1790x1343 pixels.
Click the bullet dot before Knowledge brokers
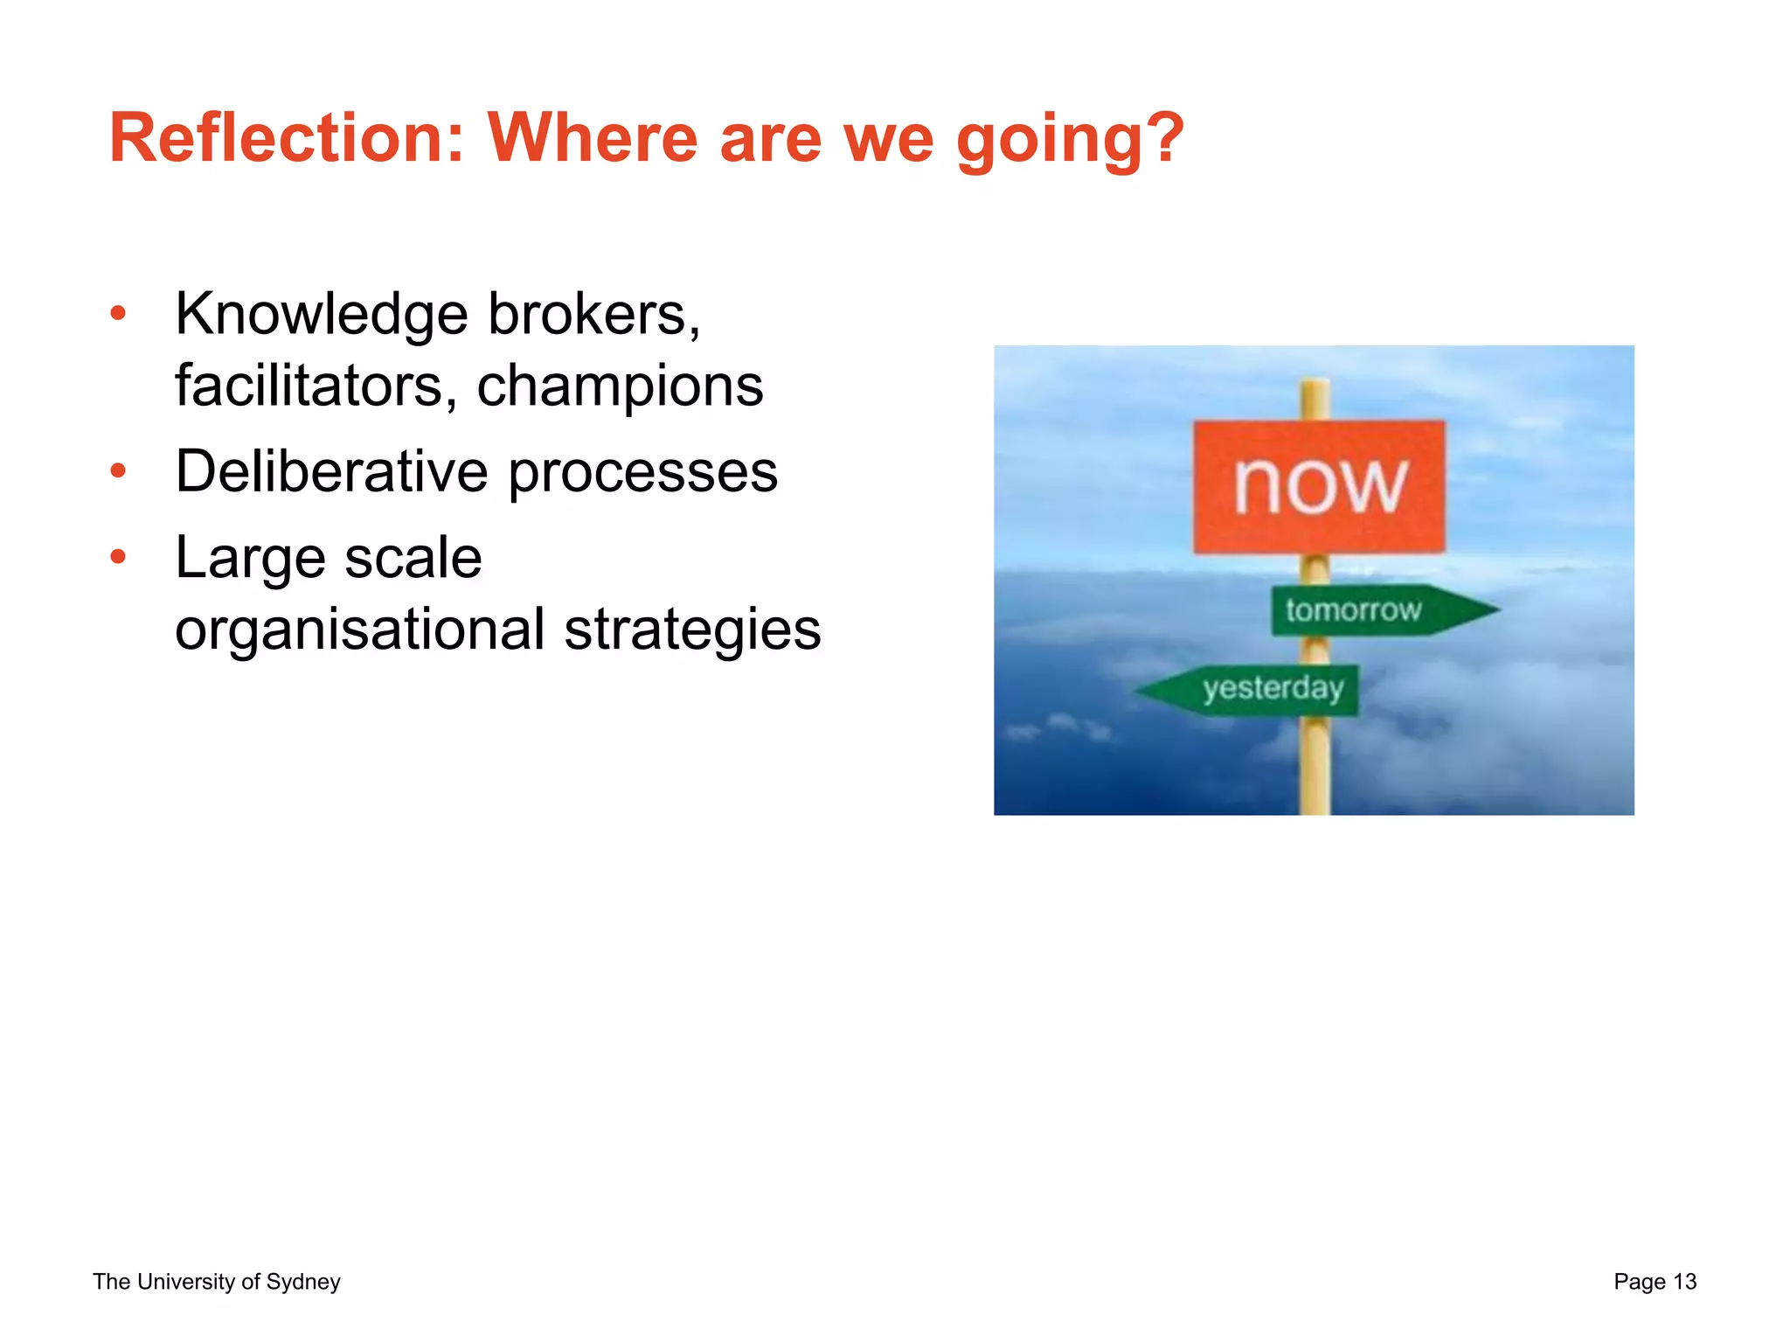point(119,313)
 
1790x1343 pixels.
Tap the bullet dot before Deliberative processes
point(119,472)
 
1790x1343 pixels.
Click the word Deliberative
point(331,472)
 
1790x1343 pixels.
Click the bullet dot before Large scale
point(119,557)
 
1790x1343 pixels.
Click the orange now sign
point(1319,486)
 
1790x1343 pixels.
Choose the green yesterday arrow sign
point(1259,690)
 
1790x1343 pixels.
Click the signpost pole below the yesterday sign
point(1315,765)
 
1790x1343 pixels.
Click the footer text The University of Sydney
point(217,1282)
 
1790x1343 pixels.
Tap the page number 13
point(1684,1282)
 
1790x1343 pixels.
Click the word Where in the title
point(593,138)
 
